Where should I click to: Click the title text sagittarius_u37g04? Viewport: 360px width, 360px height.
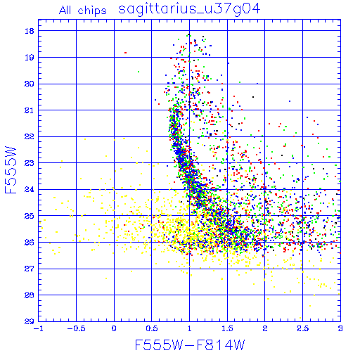click(189, 9)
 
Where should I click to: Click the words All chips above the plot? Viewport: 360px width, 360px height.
click(83, 11)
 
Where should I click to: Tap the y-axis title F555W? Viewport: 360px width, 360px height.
click(11, 170)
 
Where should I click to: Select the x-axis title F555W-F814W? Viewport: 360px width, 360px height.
click(190, 345)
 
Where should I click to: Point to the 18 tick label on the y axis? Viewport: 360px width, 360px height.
click(30, 31)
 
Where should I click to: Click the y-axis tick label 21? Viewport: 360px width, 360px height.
click(30, 110)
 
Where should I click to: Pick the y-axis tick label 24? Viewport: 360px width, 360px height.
click(30, 189)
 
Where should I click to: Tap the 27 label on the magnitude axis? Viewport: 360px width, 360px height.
click(30, 269)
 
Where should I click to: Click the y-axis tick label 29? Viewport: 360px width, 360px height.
click(30, 321)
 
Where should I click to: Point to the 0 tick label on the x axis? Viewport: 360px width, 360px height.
click(114, 328)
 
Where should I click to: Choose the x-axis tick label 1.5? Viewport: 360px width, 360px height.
click(227, 328)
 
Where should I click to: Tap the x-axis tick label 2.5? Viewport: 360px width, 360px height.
click(302, 328)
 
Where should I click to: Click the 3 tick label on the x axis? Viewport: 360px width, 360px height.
click(340, 328)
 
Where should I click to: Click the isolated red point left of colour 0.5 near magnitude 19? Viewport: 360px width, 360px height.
click(125, 53)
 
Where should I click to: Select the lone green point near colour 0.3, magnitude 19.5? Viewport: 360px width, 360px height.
click(139, 72)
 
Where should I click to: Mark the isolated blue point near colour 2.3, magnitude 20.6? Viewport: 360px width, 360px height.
click(290, 101)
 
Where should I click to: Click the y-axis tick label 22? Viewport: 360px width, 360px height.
click(30, 136)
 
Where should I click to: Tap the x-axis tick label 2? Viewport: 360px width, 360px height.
click(265, 328)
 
